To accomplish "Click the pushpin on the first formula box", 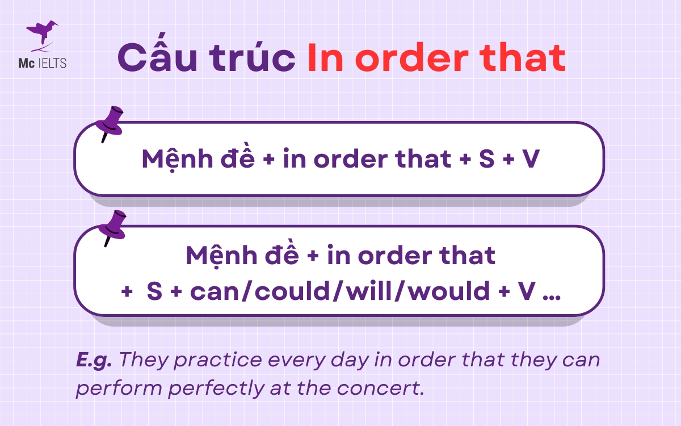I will (x=110, y=123).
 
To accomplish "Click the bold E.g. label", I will (x=94, y=360).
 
